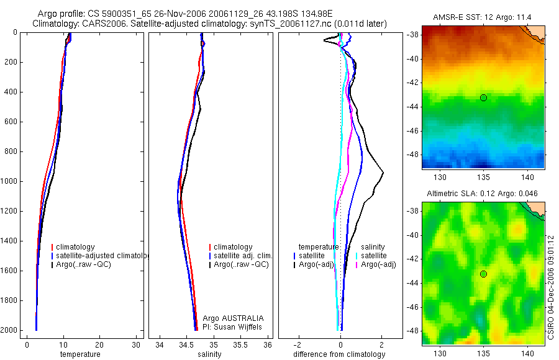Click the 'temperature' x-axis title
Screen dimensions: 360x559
[x=80, y=354]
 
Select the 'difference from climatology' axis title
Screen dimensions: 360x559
[x=339, y=354]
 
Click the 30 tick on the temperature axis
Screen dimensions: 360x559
[x=137, y=344]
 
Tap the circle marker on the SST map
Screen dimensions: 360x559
[x=483, y=97]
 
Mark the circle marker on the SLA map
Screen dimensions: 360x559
[x=483, y=274]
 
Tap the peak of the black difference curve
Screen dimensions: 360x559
[x=383, y=172]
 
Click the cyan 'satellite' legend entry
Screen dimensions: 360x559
[x=374, y=256]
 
